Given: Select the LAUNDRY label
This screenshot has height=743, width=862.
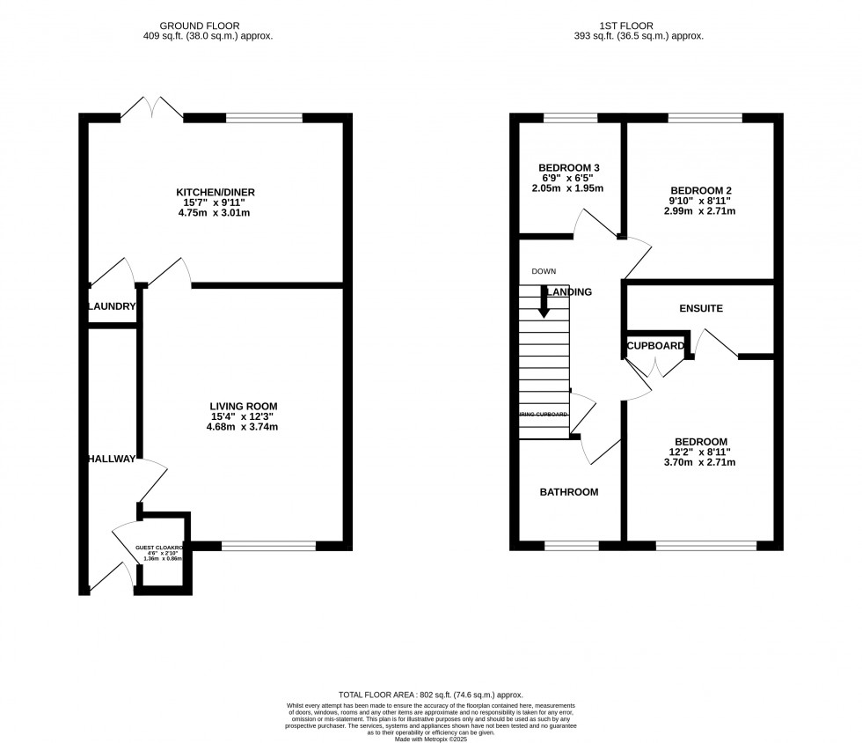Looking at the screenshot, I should (112, 306).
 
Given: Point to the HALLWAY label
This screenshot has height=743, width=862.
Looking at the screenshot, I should (112, 459).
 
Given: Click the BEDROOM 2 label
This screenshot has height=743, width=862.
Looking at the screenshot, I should (701, 190).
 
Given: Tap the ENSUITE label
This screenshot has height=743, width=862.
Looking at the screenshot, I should (701, 309).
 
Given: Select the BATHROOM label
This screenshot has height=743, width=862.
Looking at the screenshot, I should (569, 492).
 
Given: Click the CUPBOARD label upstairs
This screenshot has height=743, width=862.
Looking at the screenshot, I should (655, 346).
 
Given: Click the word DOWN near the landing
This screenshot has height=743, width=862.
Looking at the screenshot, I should (544, 271).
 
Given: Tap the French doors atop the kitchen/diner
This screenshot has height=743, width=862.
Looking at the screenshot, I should (152, 108).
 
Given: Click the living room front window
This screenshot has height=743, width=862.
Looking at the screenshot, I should (268, 546).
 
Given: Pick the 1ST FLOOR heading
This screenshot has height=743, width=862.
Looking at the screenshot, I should (646, 26).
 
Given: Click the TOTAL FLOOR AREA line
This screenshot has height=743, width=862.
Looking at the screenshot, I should (430, 695).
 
